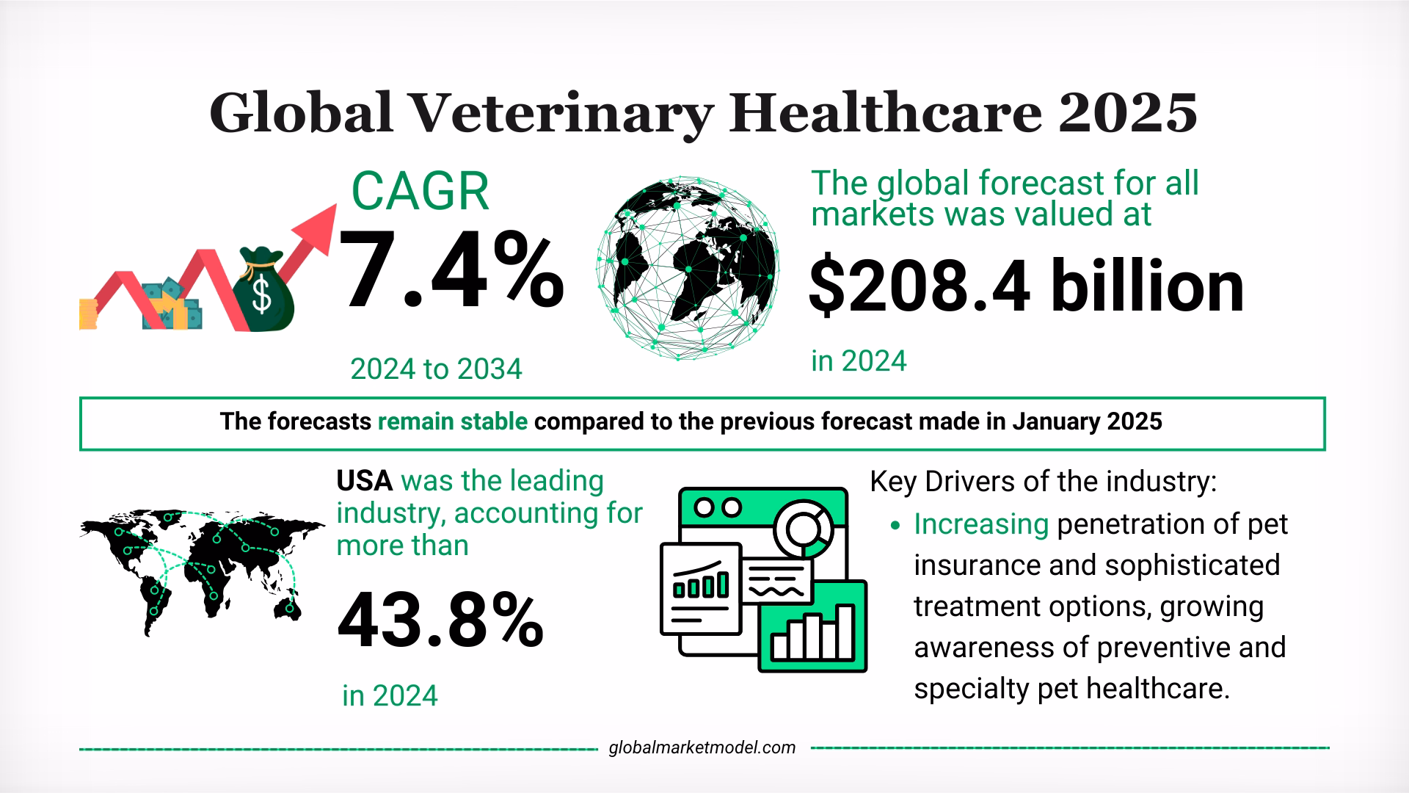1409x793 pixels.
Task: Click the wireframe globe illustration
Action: tap(688, 268)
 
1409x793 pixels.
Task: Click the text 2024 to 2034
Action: tap(436, 369)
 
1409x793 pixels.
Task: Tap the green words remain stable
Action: tap(453, 422)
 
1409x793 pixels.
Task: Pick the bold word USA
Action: tap(365, 481)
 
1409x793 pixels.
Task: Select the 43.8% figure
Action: tap(440, 621)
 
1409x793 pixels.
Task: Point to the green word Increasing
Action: tap(980, 524)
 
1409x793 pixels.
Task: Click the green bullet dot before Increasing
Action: tap(894, 526)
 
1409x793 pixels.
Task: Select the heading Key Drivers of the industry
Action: tap(1043, 482)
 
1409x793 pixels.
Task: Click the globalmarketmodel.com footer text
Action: tap(702, 747)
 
